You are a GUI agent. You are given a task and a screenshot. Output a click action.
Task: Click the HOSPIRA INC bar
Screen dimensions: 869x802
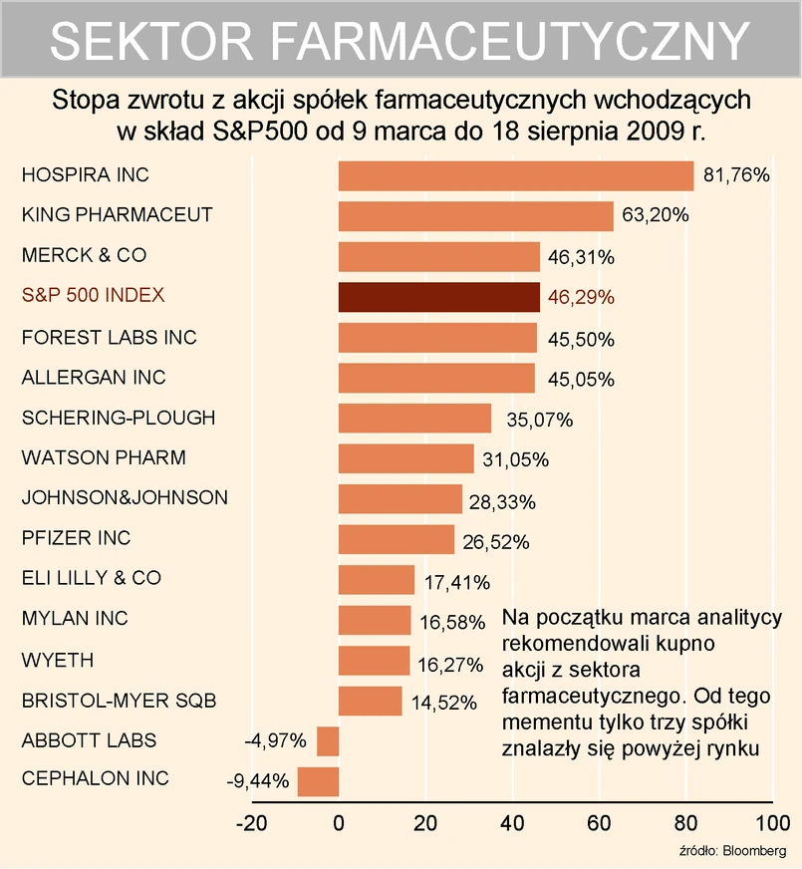point(515,175)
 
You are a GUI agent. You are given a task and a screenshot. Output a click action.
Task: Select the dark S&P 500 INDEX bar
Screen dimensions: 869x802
point(438,297)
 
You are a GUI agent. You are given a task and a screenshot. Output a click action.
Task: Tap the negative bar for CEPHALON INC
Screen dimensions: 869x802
point(318,781)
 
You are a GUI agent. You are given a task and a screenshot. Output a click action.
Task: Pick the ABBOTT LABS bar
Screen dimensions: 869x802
point(328,741)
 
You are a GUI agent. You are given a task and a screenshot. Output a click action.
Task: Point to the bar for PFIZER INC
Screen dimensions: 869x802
point(397,539)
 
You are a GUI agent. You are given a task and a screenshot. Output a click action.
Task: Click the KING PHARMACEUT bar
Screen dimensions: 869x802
point(475,215)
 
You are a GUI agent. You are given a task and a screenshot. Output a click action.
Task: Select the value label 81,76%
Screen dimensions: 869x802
point(736,175)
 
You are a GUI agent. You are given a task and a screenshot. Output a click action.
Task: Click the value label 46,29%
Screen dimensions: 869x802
point(581,297)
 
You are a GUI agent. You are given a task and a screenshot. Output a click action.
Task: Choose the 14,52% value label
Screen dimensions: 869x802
point(443,702)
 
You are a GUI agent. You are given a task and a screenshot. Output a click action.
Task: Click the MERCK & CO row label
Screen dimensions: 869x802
point(84,256)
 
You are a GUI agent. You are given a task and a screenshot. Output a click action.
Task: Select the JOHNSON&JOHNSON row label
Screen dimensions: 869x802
point(125,497)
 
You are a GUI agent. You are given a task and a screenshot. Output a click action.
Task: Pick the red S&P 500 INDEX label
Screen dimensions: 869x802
point(94,296)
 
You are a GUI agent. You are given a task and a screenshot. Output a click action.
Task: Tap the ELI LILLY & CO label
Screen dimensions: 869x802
point(92,578)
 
